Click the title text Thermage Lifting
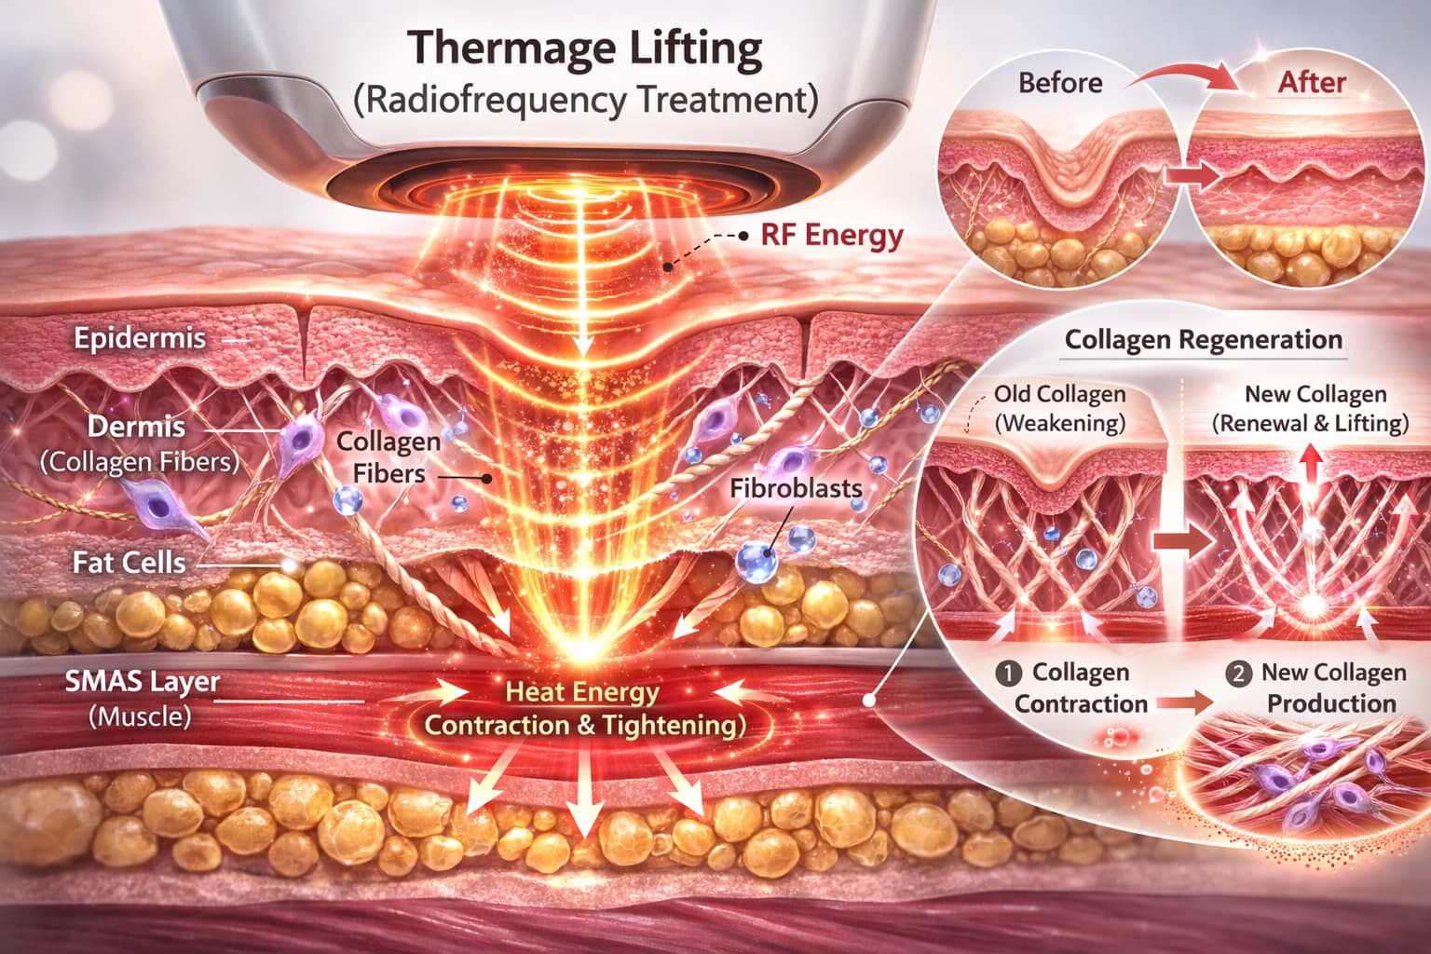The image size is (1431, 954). [x=585, y=48]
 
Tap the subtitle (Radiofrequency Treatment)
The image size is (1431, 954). [x=585, y=99]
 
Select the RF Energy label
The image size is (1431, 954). [x=831, y=235]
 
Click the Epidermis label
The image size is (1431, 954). [x=140, y=337]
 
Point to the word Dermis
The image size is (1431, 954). [x=136, y=428]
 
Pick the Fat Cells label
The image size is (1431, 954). [x=129, y=563]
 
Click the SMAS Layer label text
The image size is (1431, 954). [x=142, y=682]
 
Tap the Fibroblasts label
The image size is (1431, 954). [x=796, y=487]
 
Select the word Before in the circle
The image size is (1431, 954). [x=1060, y=83]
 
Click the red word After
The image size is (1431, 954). [x=1312, y=83]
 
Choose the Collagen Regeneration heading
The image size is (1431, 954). [x=1204, y=340]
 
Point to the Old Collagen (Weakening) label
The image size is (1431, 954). [x=1060, y=409]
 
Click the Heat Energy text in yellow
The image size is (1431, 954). [x=582, y=692]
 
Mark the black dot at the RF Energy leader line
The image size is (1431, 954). [x=743, y=236]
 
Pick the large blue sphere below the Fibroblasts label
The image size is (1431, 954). [x=756, y=562]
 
